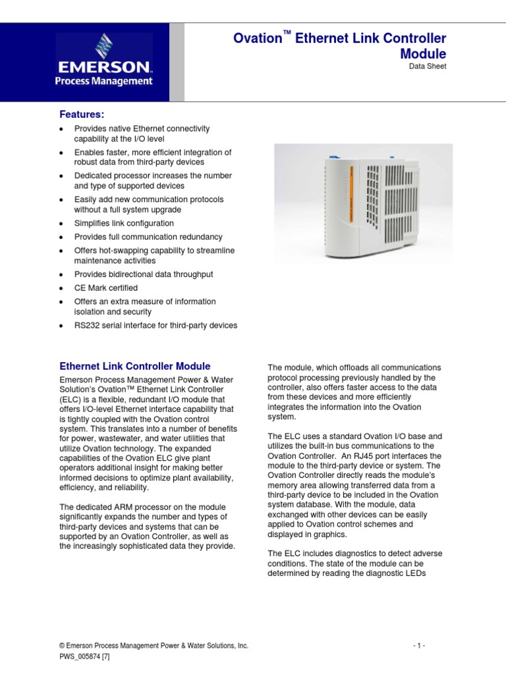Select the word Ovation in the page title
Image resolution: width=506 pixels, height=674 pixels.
click(258, 39)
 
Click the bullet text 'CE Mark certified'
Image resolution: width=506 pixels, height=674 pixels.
click(105, 288)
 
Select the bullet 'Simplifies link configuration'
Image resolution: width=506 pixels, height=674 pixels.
click(124, 223)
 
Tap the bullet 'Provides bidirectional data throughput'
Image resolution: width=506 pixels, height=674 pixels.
click(143, 274)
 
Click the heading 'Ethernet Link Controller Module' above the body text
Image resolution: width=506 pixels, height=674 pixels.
click(135, 366)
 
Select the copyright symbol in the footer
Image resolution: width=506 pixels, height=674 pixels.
click(62, 646)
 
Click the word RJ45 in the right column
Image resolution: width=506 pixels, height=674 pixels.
click(391, 456)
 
